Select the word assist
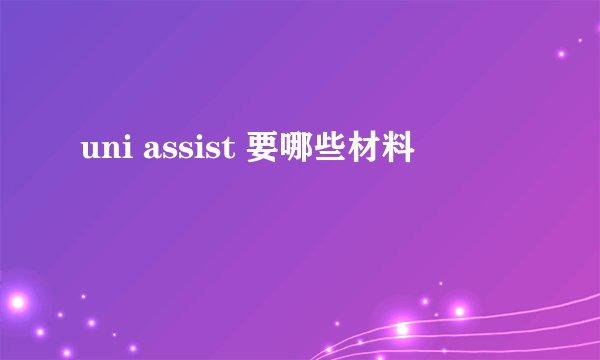coord(185,152)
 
